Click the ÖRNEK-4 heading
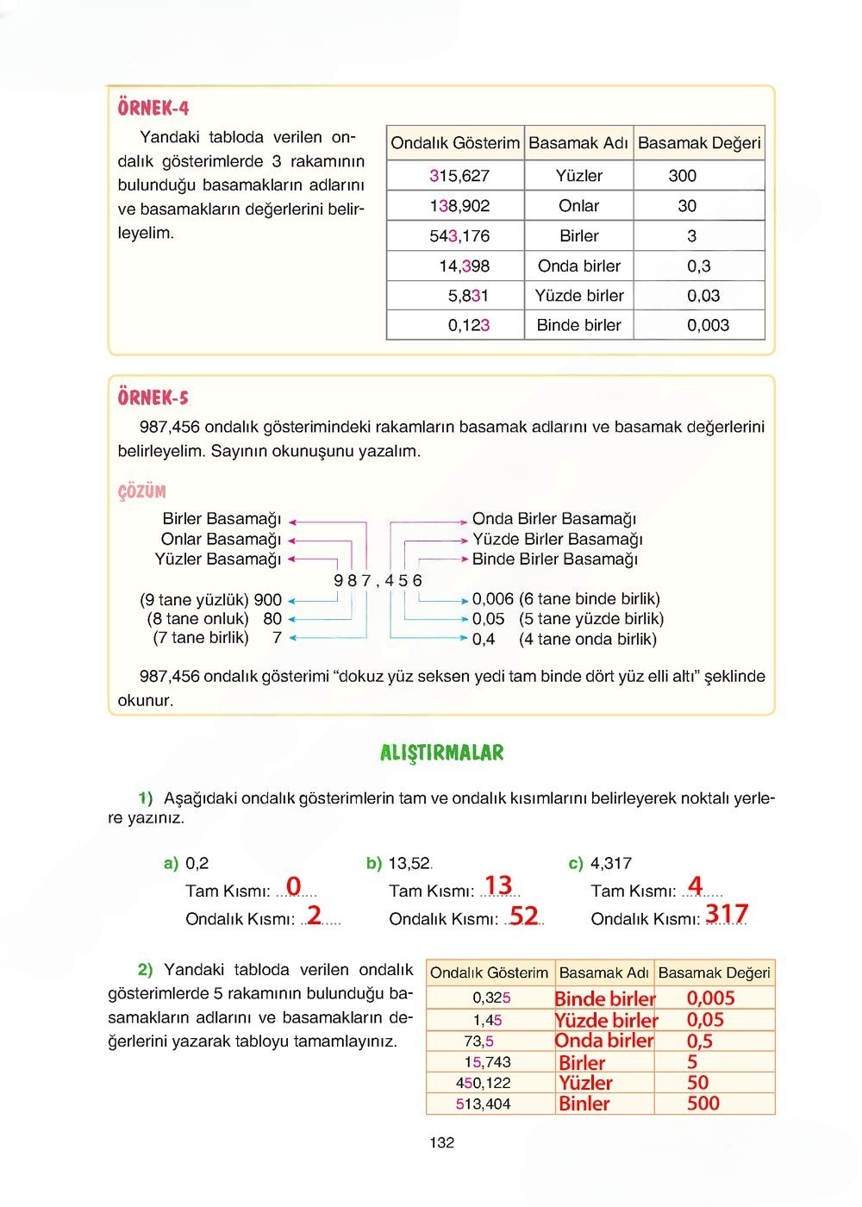tap(153, 108)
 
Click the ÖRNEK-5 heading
tap(153, 397)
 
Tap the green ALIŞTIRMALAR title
tap(441, 753)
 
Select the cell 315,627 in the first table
tap(459, 176)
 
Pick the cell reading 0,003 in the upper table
tap(708, 325)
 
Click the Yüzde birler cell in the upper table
tap(578, 296)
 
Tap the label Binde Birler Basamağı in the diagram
tap(554, 559)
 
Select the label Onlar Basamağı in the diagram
tap(221, 539)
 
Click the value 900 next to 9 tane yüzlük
tap(267, 599)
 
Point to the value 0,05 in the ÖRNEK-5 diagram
tap(488, 619)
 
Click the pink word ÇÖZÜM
tap(142, 491)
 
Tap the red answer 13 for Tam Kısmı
tap(498, 885)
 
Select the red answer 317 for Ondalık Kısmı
tap(727, 913)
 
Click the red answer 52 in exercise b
tap(523, 915)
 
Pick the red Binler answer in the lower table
tap(584, 1104)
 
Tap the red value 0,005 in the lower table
tap(710, 998)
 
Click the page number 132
tap(441, 1142)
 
